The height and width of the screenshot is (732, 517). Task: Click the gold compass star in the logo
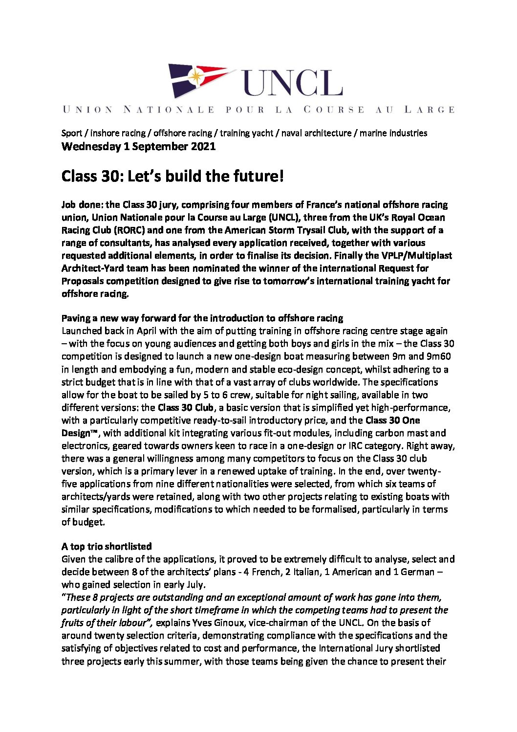tap(195, 76)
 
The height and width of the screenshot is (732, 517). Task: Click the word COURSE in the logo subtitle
tap(334, 110)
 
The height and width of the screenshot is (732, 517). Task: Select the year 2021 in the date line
tap(201, 146)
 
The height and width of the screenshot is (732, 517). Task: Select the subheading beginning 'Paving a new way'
tap(202, 318)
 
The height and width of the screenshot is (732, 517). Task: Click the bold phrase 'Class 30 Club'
tap(185, 407)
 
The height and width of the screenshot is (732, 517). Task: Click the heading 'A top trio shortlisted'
tap(107, 546)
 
